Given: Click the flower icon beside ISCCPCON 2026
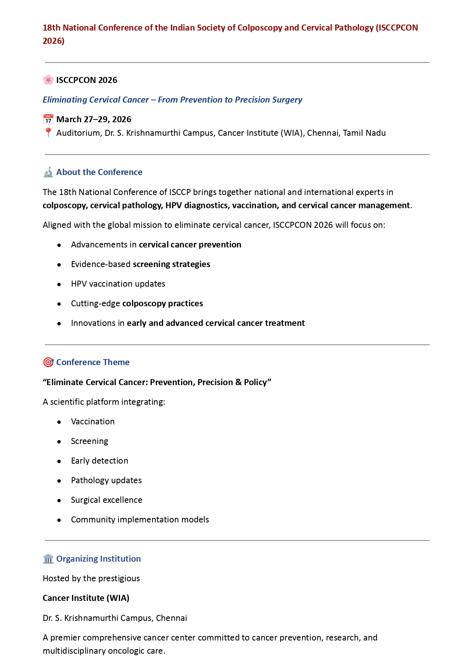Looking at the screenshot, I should coord(48,80).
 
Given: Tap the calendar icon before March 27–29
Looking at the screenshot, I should coord(48,119).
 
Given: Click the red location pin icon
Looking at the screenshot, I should coord(48,133).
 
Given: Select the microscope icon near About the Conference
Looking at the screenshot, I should coord(48,172).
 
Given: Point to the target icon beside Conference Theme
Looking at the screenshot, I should coord(48,362).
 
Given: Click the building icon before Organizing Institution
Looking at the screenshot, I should coord(48,559).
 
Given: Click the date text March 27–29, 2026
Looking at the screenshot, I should coord(94,119).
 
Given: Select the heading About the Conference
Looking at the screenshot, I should coord(99,172).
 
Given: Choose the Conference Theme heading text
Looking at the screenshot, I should coord(93,362).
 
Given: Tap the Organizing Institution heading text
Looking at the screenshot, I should coord(99,559).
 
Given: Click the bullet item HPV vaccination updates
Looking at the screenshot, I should coord(118,284).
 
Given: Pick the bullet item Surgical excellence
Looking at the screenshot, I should coord(106,500).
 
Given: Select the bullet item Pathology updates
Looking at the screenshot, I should coord(106,481).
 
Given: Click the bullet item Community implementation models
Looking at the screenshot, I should coord(140,520).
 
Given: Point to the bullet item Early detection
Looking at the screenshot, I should coord(99,461).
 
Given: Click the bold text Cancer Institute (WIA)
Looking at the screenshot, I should coord(86,598).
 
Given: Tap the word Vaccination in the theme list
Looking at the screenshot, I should coord(93,422).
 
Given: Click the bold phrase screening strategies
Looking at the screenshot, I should coord(171,264).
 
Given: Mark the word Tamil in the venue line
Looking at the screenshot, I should coord(352,133).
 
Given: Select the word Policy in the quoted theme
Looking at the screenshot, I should coord(255,382).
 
